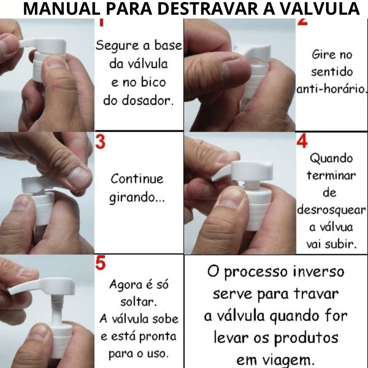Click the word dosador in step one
click(148, 101)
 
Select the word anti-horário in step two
click(331, 89)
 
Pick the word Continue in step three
click(137, 179)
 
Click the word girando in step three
click(132, 198)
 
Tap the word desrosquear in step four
click(331, 210)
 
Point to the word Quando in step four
click(331, 158)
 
